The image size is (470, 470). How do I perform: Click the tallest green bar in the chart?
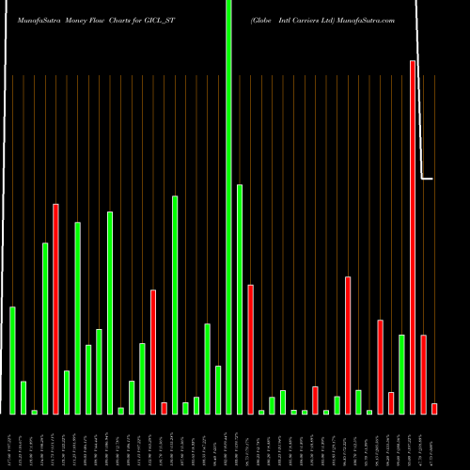tap(228, 207)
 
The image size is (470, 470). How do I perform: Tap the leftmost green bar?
tap(12, 360)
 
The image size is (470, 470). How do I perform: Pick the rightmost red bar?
tap(434, 408)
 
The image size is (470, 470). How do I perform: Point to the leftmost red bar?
tap(55, 309)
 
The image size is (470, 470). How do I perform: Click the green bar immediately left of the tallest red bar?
tap(401, 374)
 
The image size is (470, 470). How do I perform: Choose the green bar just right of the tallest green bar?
tap(240, 299)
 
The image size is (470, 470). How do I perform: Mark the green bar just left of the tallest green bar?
tap(218, 389)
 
